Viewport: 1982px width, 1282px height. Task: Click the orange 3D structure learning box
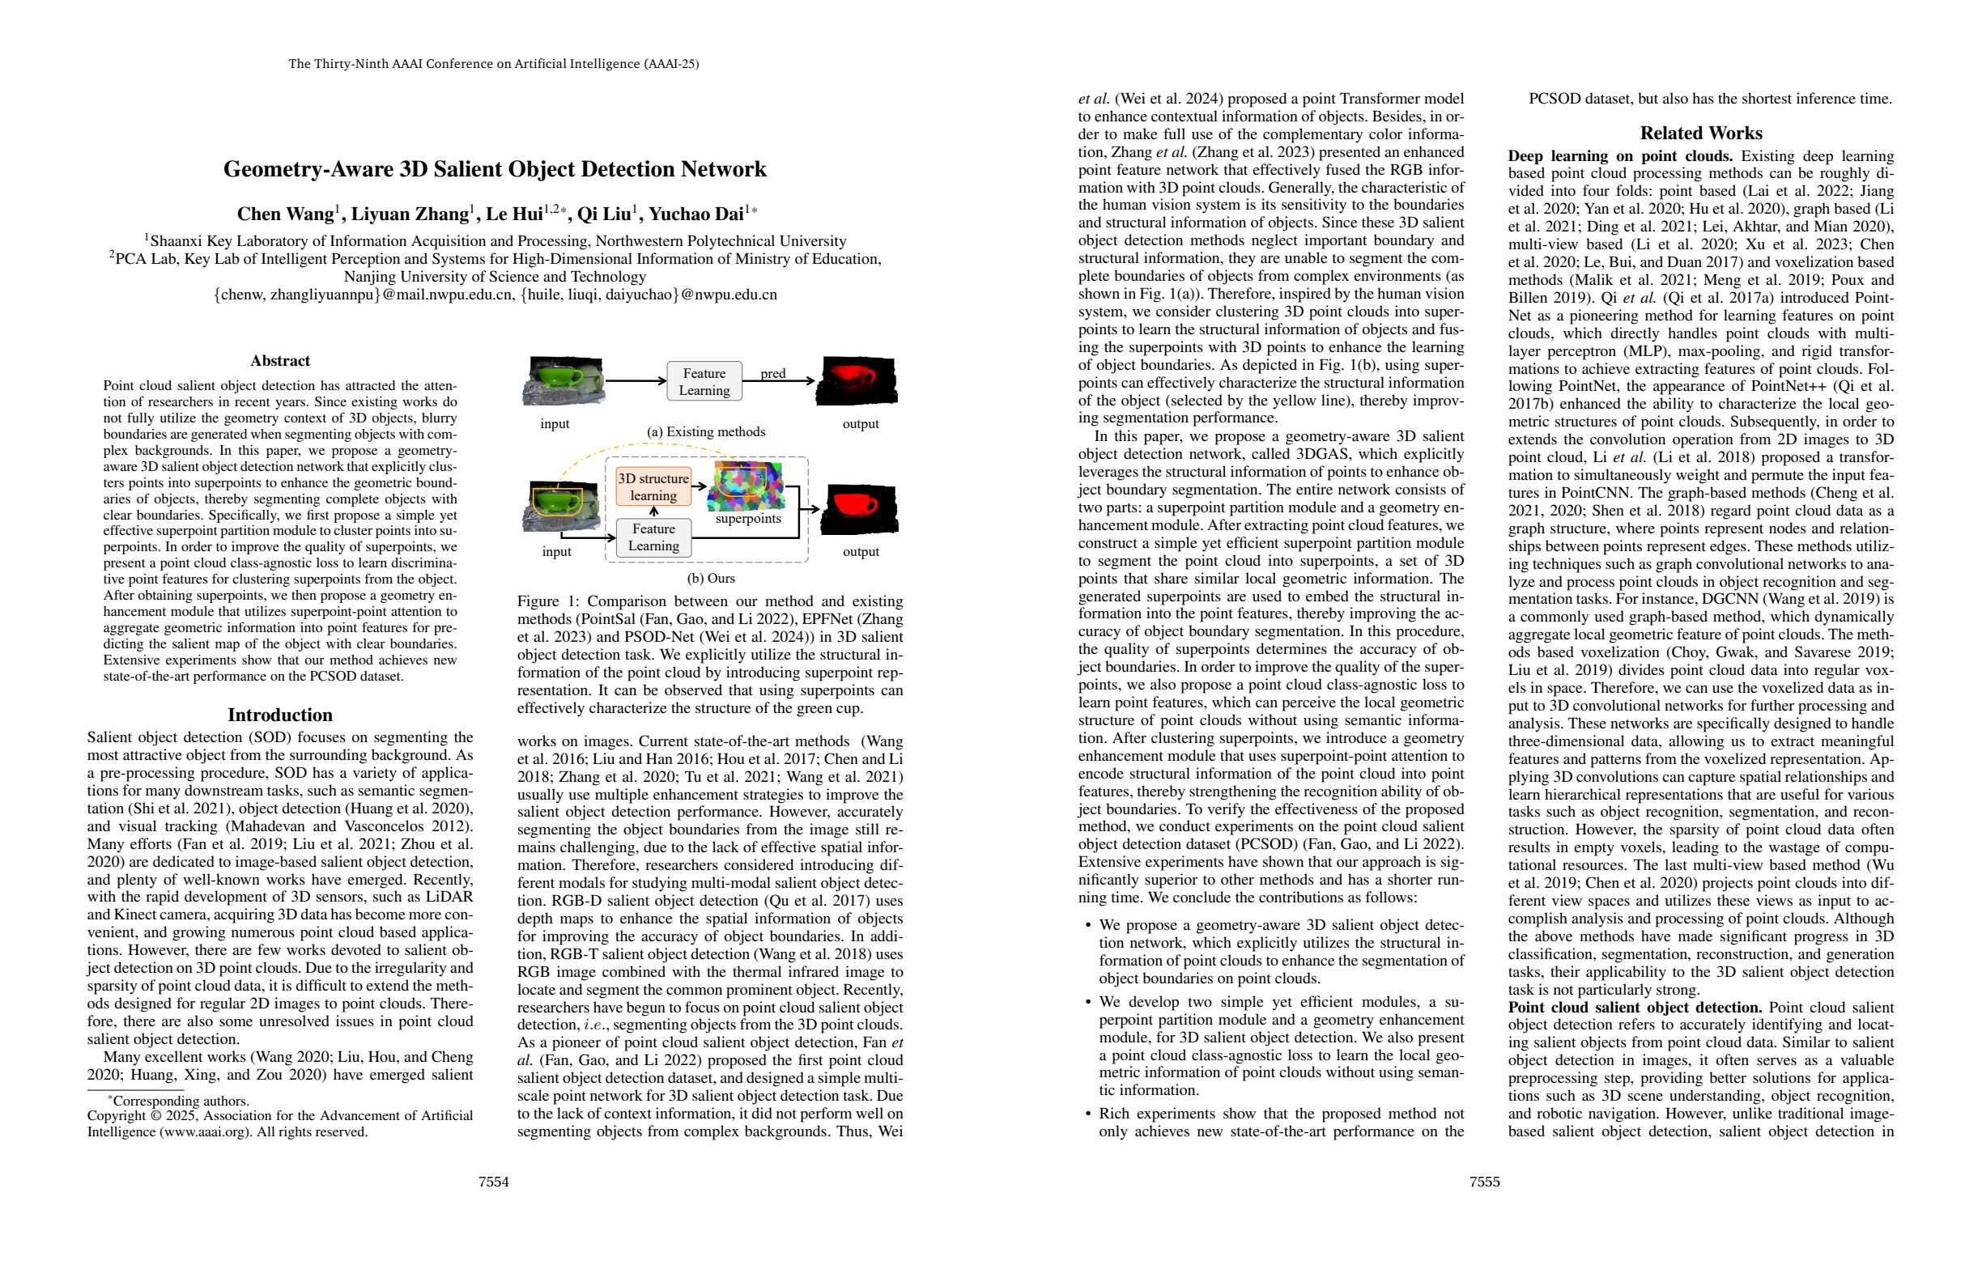(x=653, y=487)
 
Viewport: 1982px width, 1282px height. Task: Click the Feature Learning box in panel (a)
(x=704, y=381)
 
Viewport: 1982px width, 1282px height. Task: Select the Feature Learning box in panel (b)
(x=653, y=537)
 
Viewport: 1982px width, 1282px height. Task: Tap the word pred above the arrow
(x=773, y=373)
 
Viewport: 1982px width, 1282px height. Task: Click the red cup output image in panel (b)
(x=859, y=508)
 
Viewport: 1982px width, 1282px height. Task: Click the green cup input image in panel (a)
(x=563, y=380)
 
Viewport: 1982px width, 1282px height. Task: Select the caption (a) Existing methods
(x=705, y=431)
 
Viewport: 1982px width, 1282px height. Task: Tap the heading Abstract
(x=280, y=360)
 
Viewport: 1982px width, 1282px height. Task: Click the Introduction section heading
(x=280, y=715)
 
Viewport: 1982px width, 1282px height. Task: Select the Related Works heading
(x=1700, y=133)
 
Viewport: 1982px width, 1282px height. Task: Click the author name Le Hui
(x=514, y=214)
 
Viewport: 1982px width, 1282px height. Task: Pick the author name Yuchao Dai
(x=695, y=214)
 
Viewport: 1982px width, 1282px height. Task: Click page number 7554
(x=494, y=1182)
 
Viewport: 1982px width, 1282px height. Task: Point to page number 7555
(x=1485, y=1182)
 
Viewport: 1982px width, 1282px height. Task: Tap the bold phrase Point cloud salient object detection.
(x=1635, y=1008)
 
